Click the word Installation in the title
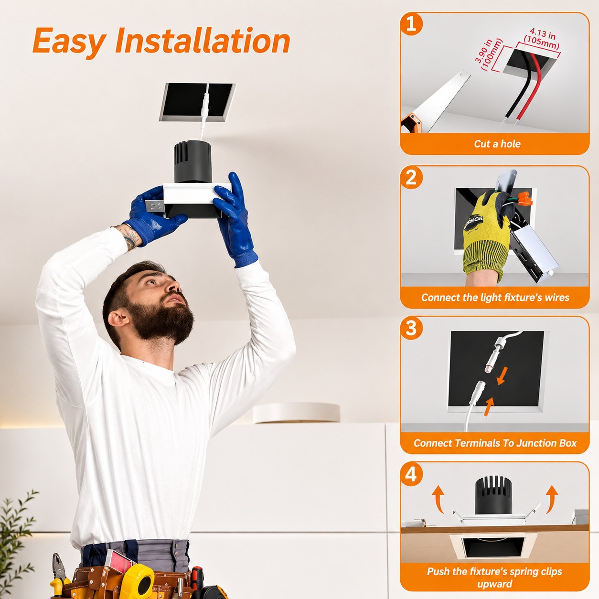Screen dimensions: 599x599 coord(203,41)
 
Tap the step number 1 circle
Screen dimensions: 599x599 coord(411,24)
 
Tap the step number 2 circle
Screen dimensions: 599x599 coord(411,178)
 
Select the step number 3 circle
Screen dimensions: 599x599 coord(411,328)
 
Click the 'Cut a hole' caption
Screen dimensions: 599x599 coord(497,144)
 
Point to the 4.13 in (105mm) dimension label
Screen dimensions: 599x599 coord(542,39)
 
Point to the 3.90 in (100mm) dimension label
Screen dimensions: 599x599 coord(489,55)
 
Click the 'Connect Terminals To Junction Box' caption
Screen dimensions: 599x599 coord(495,443)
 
